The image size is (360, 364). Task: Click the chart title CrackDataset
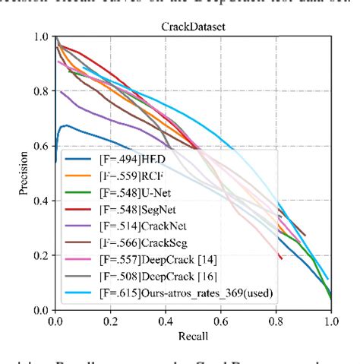coord(193,26)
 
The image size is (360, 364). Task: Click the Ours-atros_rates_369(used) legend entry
coord(182,291)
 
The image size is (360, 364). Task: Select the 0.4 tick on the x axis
coord(166,321)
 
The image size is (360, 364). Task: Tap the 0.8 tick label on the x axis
coord(276,321)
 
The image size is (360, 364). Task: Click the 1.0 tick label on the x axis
coord(330,321)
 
